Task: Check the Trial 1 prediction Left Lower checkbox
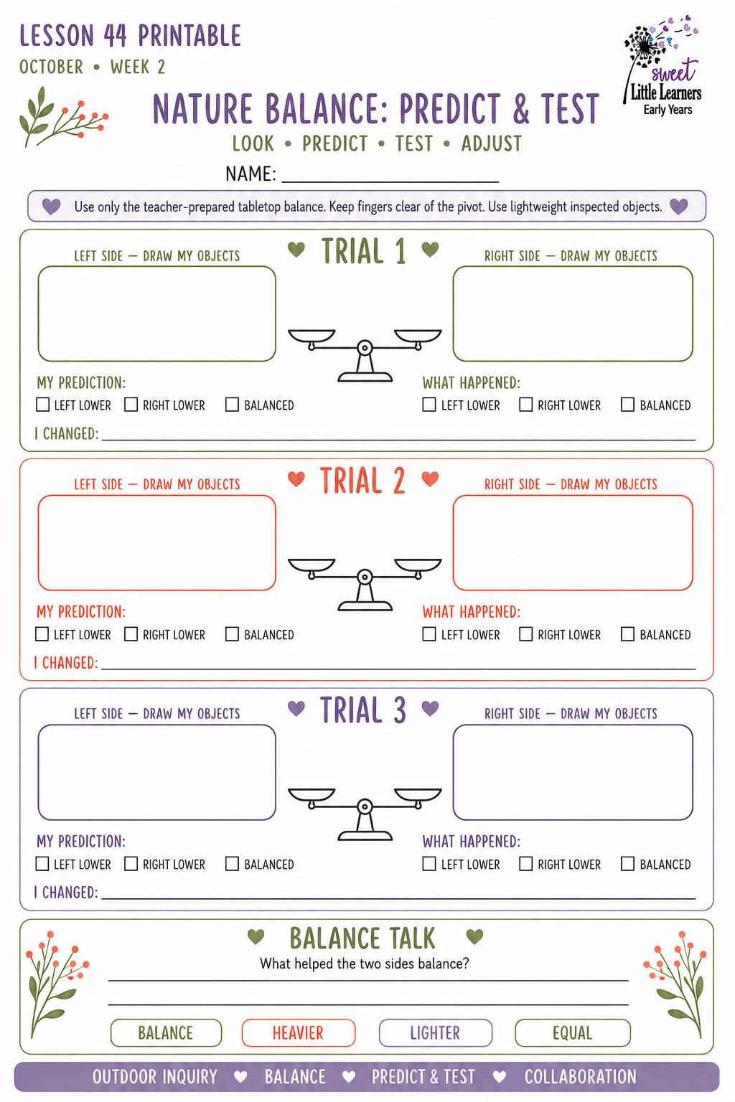pyautogui.click(x=43, y=405)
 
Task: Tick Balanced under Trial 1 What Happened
pyautogui.click(x=627, y=405)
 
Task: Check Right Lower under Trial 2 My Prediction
pyautogui.click(x=131, y=634)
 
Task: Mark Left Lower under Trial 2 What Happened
pyautogui.click(x=429, y=634)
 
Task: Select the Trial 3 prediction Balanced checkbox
pyautogui.click(x=232, y=863)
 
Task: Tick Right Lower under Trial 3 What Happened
pyautogui.click(x=526, y=863)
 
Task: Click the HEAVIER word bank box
pyautogui.click(x=299, y=1032)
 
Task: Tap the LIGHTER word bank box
pyautogui.click(x=435, y=1032)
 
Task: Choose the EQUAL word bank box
pyautogui.click(x=573, y=1032)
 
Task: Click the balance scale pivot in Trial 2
pyautogui.click(x=365, y=577)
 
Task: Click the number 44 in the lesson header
pyautogui.click(x=115, y=36)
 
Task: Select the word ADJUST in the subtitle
pyautogui.click(x=491, y=143)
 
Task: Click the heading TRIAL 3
pyautogui.click(x=363, y=710)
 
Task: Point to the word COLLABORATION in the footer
pyautogui.click(x=581, y=1077)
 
